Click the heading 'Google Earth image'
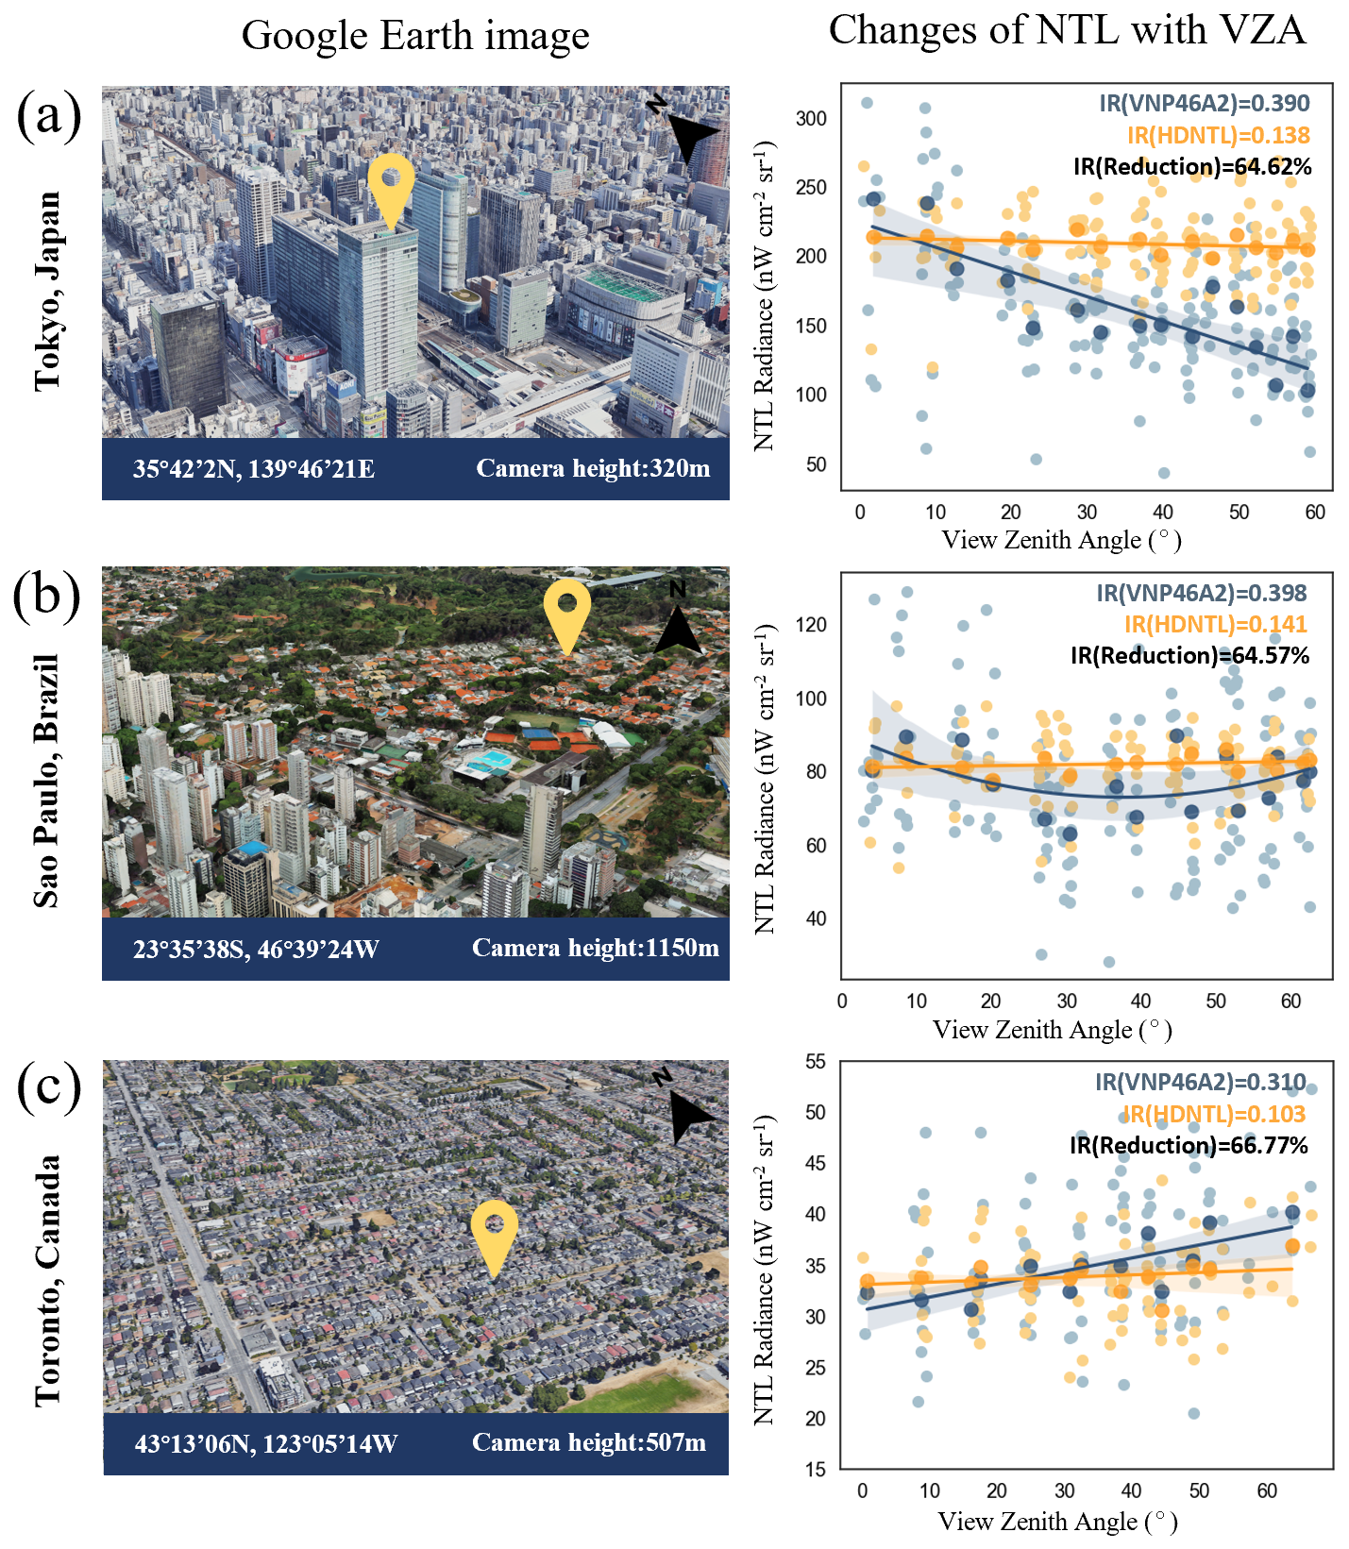[415, 36]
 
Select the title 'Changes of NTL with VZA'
[1067, 30]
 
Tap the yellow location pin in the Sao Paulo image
[567, 612]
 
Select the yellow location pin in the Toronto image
[494, 1234]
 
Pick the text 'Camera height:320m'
[593, 469]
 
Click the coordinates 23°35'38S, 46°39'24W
[256, 949]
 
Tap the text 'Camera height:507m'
[589, 1443]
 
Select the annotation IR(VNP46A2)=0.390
[1204, 103]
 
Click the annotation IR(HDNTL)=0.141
[1215, 624]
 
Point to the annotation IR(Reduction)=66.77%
[1189, 1145]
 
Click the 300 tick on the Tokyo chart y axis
[811, 119]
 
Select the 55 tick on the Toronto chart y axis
[816, 1061]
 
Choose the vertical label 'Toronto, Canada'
[47, 1280]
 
